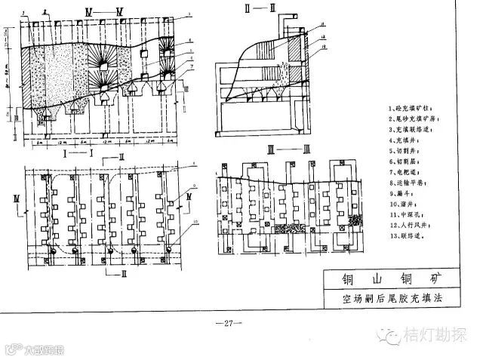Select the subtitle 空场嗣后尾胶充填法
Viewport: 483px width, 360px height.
[390, 300]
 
